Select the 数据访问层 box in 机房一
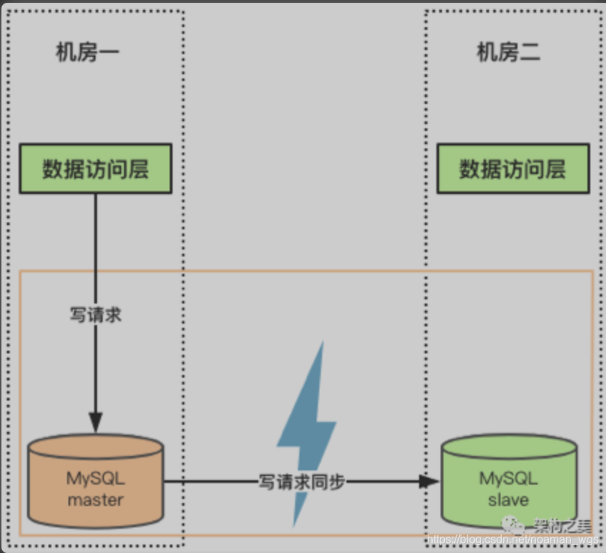[96, 168]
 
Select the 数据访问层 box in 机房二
[513, 169]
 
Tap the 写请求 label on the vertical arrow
[96, 314]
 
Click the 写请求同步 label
[302, 482]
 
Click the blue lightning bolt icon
[305, 428]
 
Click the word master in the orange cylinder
[96, 500]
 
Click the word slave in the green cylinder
[508, 500]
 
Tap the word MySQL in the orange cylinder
[96, 478]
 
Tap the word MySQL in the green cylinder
[508, 478]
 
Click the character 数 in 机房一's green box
[52, 169]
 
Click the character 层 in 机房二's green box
[555, 169]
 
